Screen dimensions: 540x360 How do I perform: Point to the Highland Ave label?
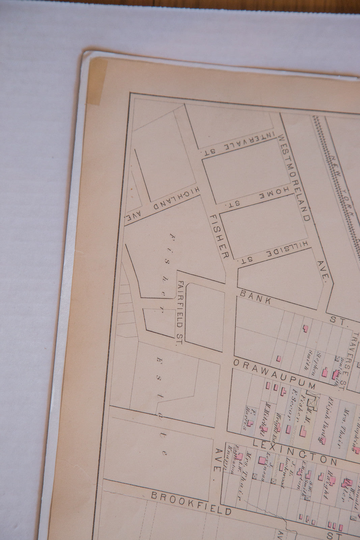tap(162, 204)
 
